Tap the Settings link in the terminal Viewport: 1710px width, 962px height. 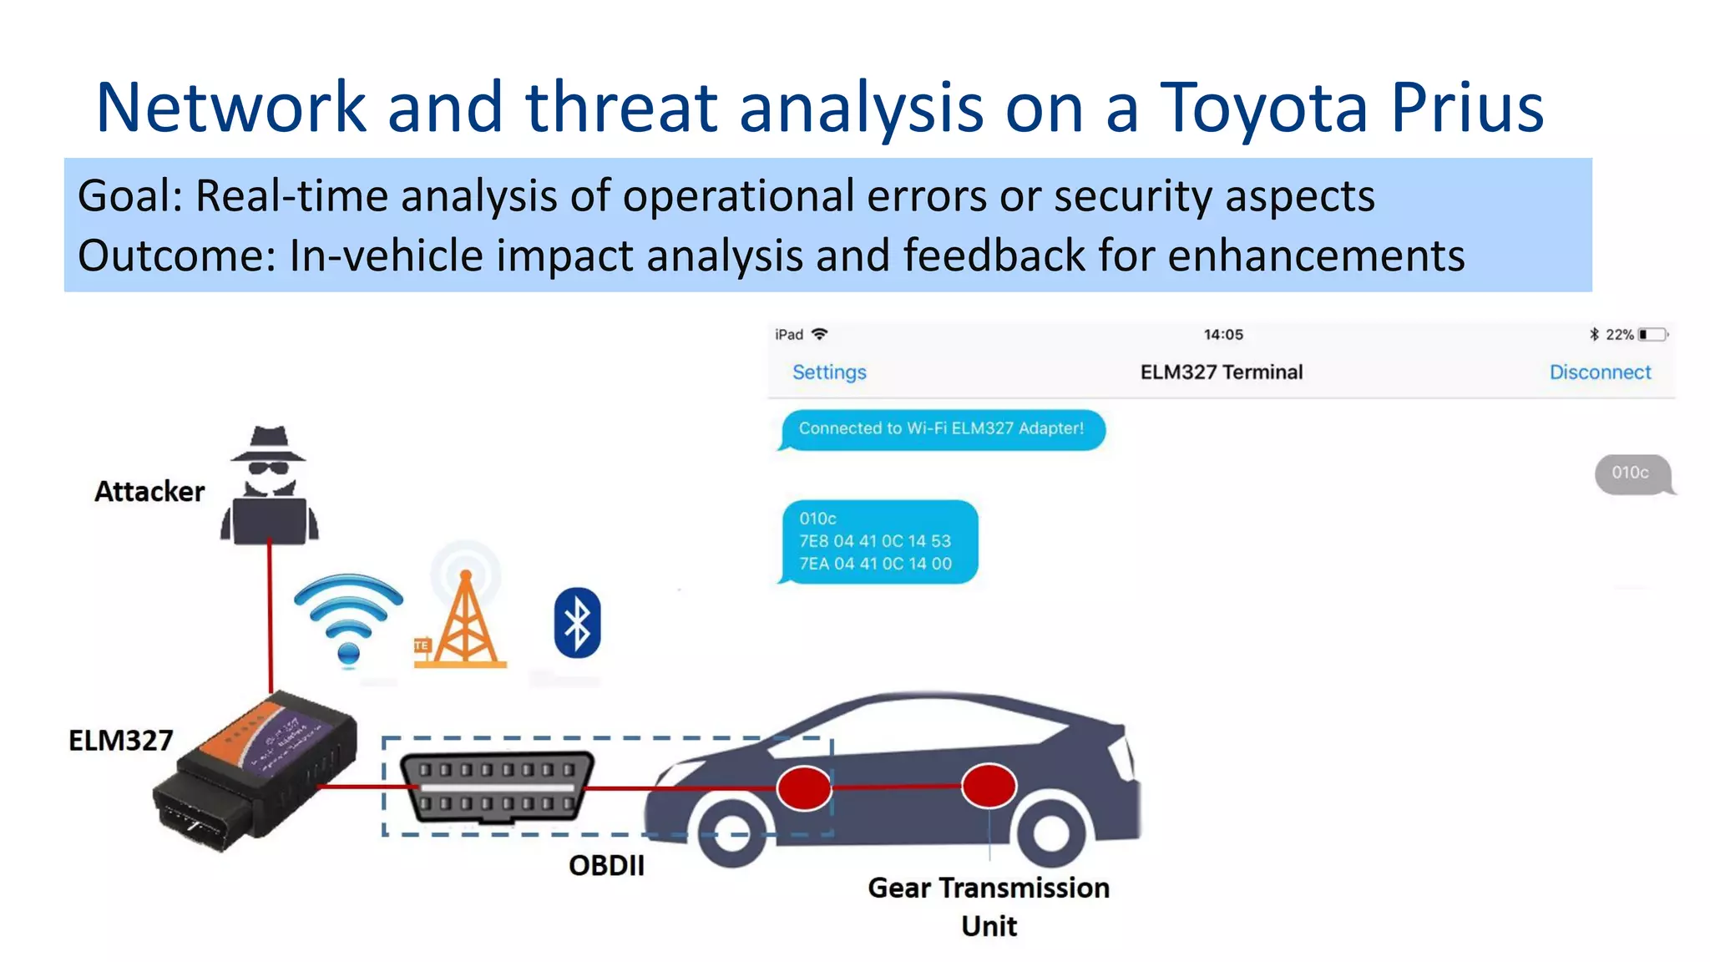[828, 372]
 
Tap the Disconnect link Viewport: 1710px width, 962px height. [1600, 372]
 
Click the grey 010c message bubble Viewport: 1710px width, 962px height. [1632, 473]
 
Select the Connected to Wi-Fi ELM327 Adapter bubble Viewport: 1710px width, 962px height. [941, 429]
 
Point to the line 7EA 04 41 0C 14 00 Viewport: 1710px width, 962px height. [875, 564]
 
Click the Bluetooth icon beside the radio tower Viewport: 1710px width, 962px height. [577, 623]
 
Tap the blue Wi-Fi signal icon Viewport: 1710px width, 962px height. [348, 618]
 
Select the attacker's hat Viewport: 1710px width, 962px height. [269, 443]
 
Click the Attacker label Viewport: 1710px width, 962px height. [149, 492]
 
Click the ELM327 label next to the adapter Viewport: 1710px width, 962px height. [120, 741]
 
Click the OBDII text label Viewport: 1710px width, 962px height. [606, 866]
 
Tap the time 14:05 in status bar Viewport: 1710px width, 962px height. [1222, 335]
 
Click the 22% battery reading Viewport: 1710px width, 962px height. [1619, 335]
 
